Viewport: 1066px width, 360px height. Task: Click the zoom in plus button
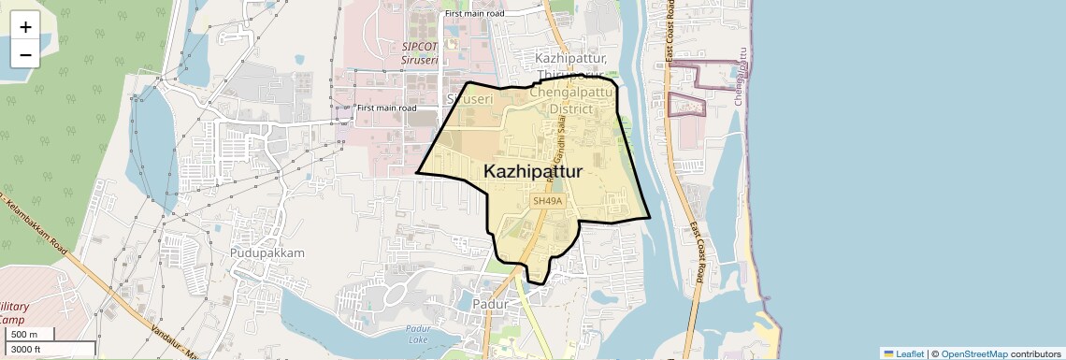(x=25, y=27)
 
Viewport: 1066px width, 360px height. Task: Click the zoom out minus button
(x=25, y=54)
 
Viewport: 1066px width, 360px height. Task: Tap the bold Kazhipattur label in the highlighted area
(x=533, y=172)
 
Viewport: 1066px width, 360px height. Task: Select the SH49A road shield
(x=547, y=201)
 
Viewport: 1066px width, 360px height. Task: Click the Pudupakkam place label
(x=267, y=253)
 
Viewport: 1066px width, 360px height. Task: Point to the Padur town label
(x=490, y=305)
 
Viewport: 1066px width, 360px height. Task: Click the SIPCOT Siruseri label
(x=420, y=51)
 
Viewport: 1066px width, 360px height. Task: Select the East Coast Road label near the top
(x=670, y=37)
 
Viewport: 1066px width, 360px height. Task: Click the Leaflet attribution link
(x=903, y=353)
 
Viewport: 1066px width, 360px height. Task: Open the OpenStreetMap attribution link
(x=973, y=353)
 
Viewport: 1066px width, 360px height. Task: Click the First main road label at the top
(x=475, y=14)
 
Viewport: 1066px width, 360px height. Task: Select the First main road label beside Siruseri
(x=386, y=108)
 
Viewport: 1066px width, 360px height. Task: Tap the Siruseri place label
(x=468, y=98)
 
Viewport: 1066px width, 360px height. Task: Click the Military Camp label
(x=14, y=314)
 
